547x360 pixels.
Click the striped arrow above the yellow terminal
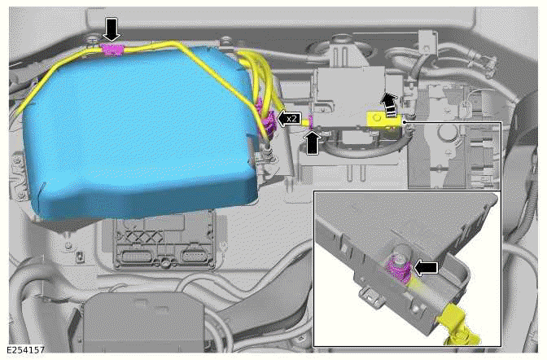391,103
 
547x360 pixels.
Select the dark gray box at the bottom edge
122,322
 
